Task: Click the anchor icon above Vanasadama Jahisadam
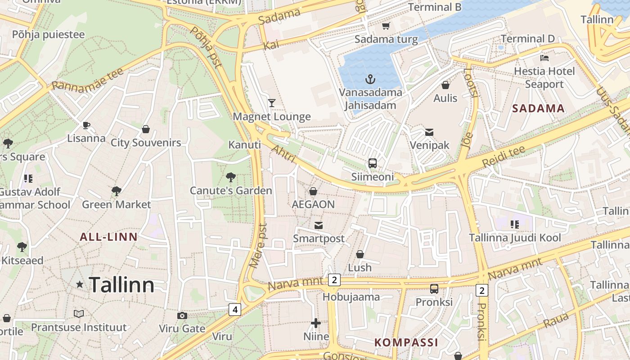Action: (370, 80)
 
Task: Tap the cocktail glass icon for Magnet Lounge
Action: (272, 103)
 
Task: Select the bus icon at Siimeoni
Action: (373, 163)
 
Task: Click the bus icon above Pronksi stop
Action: (434, 289)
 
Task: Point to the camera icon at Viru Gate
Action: (182, 315)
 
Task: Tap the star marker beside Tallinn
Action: (80, 284)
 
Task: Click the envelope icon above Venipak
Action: (429, 132)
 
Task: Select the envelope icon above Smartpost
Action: (319, 225)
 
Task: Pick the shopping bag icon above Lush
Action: (360, 254)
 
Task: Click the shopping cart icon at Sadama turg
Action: (386, 26)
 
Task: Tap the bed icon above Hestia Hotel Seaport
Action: (544, 58)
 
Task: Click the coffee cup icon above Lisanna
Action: (86, 125)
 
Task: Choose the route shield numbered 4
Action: (234, 309)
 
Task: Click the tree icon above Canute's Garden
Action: (231, 177)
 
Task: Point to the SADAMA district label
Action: (538, 108)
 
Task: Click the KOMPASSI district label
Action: (406, 342)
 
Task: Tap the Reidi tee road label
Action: (503, 157)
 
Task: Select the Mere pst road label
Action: (258, 246)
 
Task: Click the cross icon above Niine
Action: (316, 323)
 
